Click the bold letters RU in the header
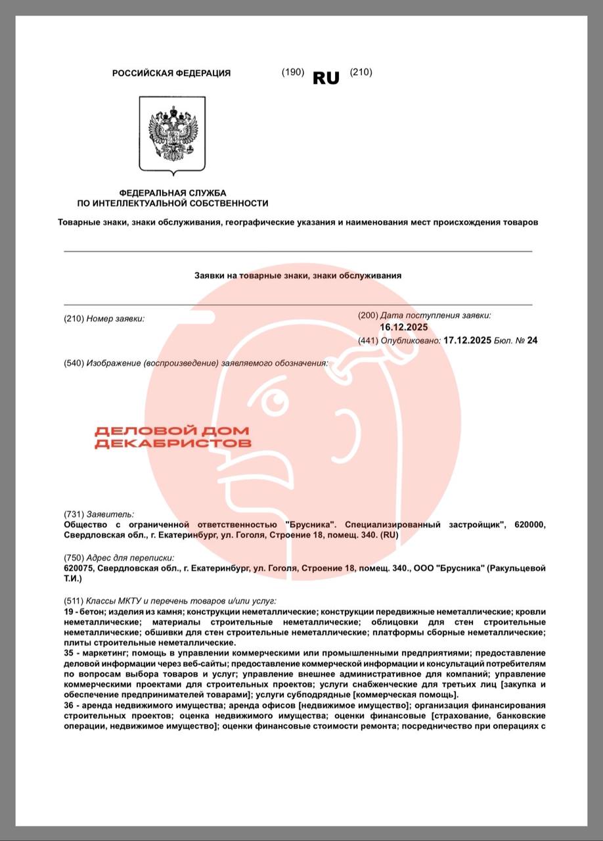326,78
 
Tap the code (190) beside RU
292,72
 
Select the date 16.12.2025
403,327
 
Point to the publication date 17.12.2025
468,340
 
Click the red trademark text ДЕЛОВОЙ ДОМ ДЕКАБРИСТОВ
173,437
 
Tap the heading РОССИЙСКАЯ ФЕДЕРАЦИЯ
171,74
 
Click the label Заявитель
110,514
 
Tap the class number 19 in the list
69,612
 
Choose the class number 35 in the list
69,653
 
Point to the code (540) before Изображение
74,363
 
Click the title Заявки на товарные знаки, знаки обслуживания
298,276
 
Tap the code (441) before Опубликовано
368,340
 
